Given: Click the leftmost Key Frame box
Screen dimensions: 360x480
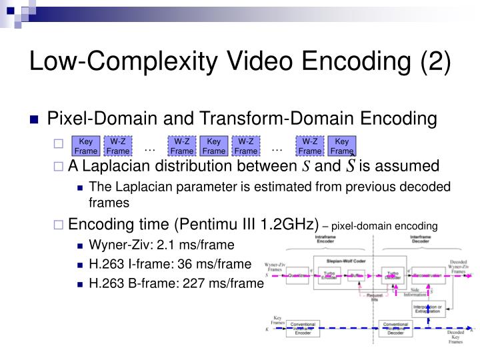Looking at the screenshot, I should [x=86, y=146].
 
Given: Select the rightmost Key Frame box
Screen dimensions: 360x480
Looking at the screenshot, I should [x=342, y=146].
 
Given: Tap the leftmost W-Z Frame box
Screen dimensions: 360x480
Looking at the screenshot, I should [x=118, y=146].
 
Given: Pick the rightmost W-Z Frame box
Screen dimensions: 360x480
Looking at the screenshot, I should [x=310, y=146].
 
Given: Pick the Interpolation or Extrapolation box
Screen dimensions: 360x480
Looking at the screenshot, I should [x=427, y=309].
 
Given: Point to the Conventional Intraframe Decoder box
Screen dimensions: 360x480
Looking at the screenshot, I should [x=395, y=329].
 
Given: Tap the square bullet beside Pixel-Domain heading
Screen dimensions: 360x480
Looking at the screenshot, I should [x=36, y=121].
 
